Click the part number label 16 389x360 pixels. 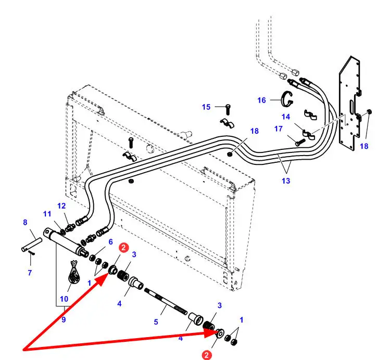coord(261,100)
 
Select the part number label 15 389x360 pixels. coord(207,107)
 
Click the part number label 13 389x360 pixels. coord(286,181)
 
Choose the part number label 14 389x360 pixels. coord(286,117)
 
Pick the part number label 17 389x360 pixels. coord(279,128)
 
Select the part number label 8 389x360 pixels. coord(25,223)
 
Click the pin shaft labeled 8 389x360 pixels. coord(32,243)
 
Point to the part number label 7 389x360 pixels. coord(30,273)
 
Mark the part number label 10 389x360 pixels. coord(64,299)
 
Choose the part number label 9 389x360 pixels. coord(64,320)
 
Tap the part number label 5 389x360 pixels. coord(156,322)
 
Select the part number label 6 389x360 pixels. coord(110,241)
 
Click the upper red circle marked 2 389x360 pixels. coord(123,248)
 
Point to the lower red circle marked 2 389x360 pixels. coord(207,355)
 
